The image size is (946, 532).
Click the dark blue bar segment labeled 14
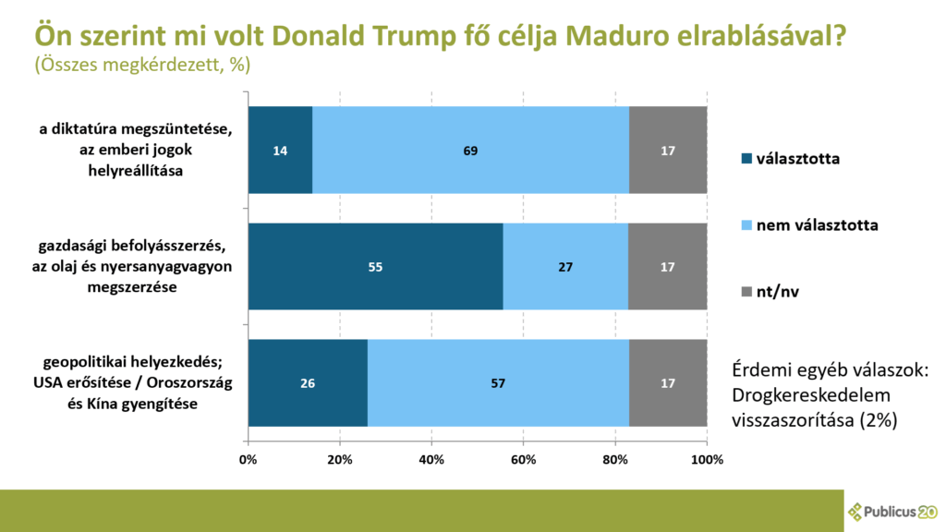tap(280, 150)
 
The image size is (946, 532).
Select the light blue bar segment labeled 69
tap(470, 150)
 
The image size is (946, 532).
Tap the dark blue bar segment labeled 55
tap(375, 266)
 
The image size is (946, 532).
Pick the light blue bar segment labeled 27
tap(565, 266)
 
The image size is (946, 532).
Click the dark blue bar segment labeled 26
tap(308, 382)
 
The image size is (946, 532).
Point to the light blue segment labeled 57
tap(498, 382)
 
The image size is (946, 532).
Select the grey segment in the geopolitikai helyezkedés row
tap(668, 382)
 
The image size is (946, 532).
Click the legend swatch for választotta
tap(746, 159)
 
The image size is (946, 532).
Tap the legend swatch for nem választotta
tap(746, 225)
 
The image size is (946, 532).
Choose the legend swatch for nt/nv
tap(746, 292)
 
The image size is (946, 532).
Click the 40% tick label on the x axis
tap(431, 459)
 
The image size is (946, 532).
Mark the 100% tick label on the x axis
tap(707, 459)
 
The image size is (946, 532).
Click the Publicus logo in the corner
tap(891, 511)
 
